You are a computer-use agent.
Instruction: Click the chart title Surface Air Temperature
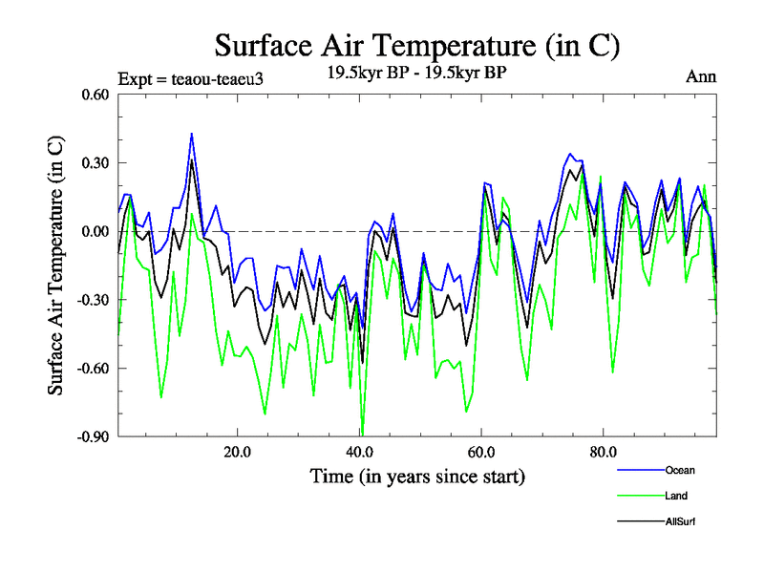(x=418, y=45)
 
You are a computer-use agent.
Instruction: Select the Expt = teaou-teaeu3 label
(x=190, y=78)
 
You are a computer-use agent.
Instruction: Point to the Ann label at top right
(x=702, y=77)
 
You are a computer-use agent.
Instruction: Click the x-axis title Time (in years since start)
(x=417, y=476)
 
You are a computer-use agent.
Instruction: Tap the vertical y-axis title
(x=56, y=265)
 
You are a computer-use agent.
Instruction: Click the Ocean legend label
(x=681, y=471)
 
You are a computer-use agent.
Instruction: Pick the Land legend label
(x=676, y=496)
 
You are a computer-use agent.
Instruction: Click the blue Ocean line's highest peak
(x=192, y=134)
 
